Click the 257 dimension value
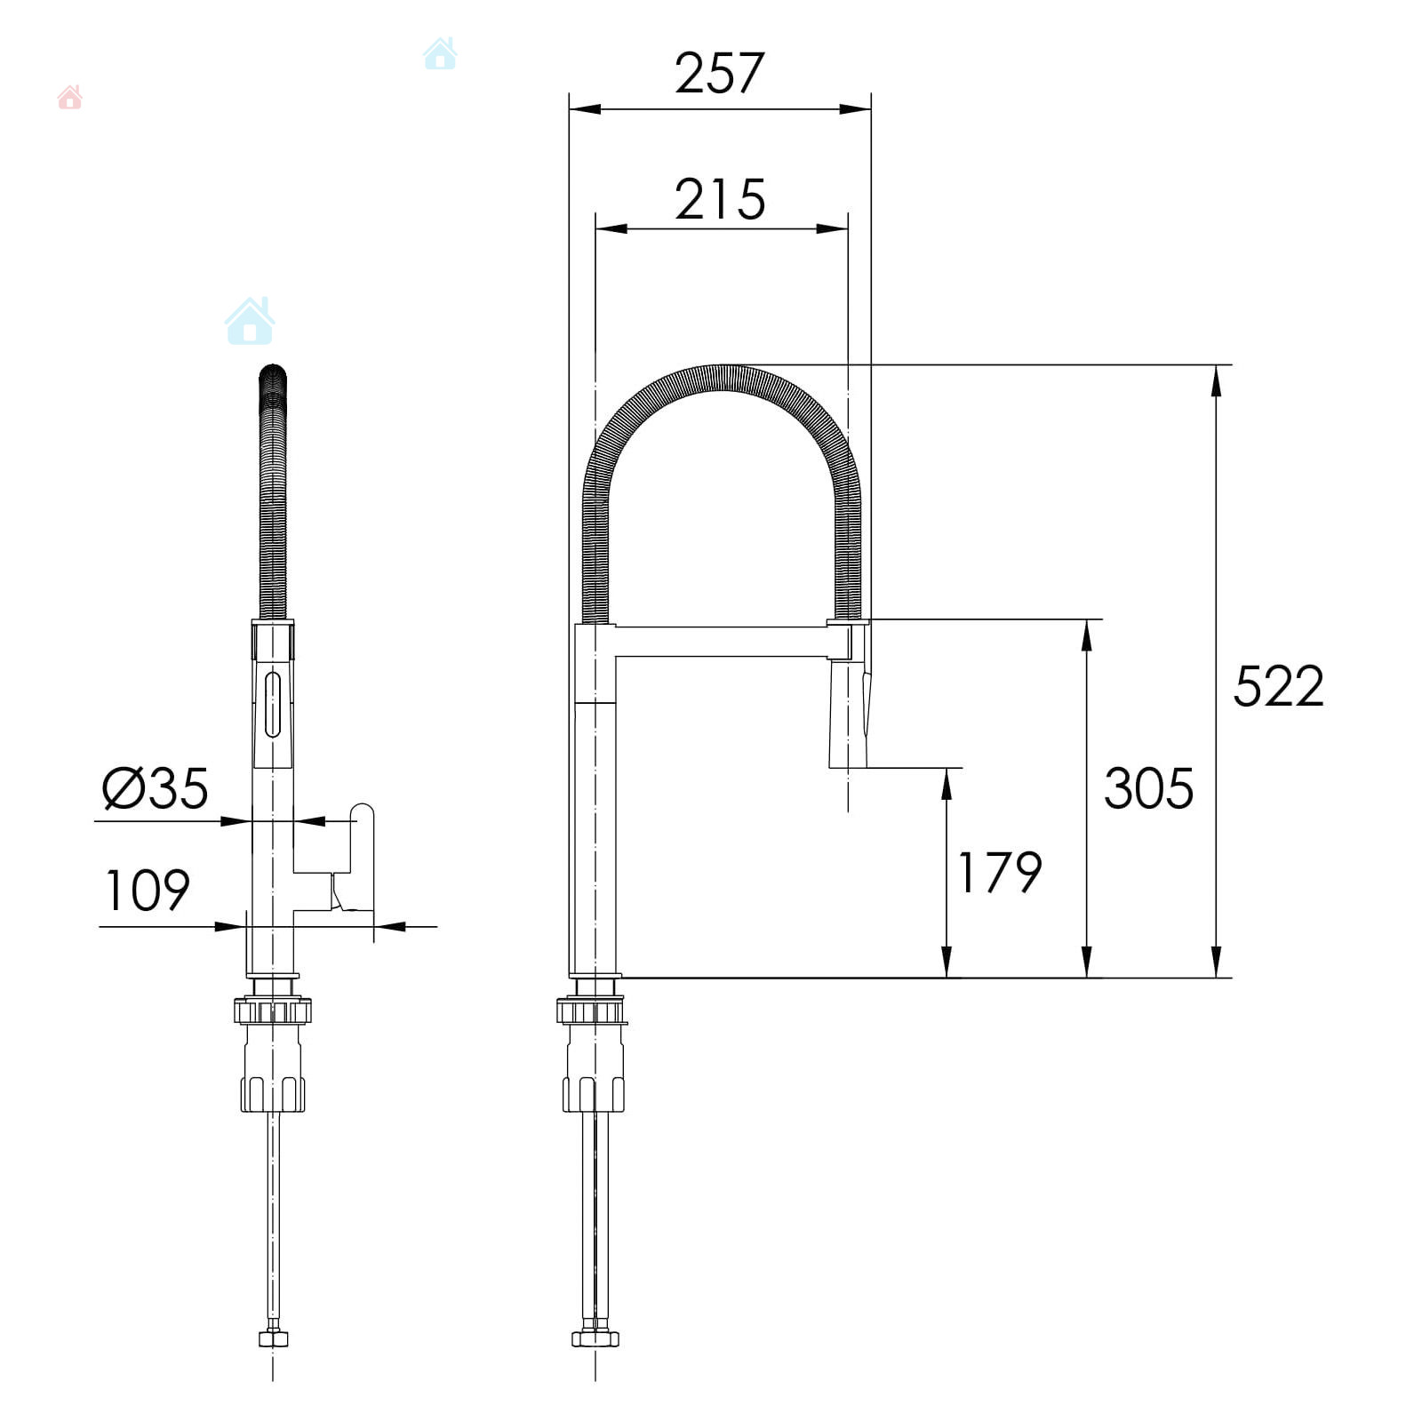click(x=719, y=73)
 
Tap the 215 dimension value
click(x=720, y=199)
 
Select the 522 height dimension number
click(x=1279, y=686)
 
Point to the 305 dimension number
click(x=1148, y=788)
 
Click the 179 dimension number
click(x=999, y=872)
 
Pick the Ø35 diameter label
click(x=156, y=788)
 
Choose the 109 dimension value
click(x=148, y=891)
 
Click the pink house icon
click(x=69, y=97)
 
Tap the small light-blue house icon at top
click(x=440, y=53)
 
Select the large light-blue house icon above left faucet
click(x=250, y=321)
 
